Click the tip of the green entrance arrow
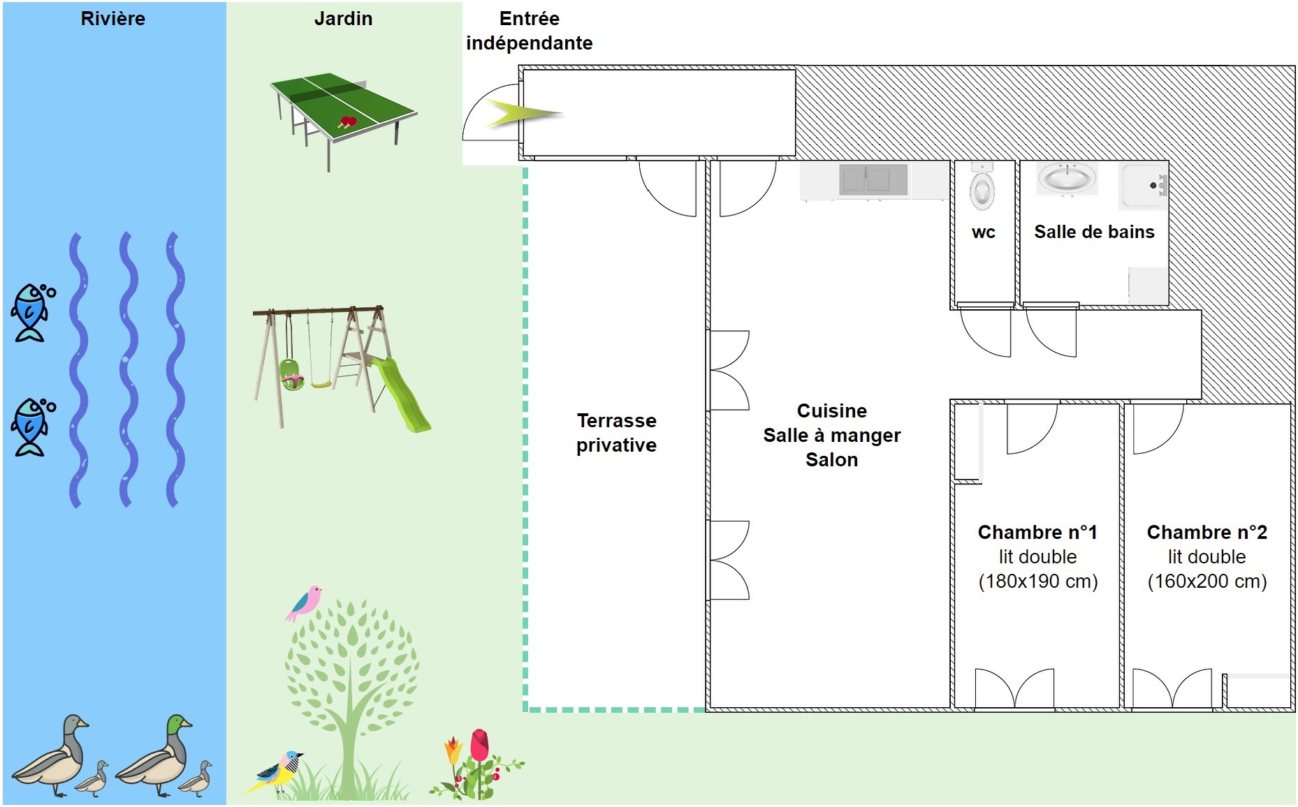563,113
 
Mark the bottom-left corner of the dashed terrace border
525,709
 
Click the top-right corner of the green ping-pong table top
417,112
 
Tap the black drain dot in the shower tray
1153,185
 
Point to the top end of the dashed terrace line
525,168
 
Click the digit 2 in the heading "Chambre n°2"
1262,532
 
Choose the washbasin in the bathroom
1067,178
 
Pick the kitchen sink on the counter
873,179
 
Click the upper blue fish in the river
32,311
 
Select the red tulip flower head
479,746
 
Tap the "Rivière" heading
113,19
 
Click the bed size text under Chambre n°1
1038,582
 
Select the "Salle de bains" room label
1094,232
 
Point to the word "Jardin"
343,19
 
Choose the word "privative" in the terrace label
616,445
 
